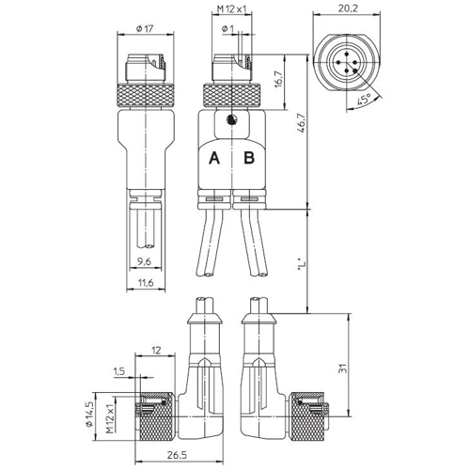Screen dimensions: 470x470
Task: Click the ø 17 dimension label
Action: click(145, 29)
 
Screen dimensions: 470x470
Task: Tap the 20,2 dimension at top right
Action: click(348, 8)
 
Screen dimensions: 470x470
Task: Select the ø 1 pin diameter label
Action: click(227, 29)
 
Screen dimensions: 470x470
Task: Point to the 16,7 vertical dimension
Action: click(278, 79)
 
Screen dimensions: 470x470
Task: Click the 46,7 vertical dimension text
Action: click(302, 124)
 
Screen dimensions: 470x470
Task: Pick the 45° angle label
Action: click(365, 99)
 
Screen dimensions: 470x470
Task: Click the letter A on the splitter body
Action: click(214, 158)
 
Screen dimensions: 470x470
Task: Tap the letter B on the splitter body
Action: click(249, 158)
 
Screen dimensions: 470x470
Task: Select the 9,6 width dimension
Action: click(144, 261)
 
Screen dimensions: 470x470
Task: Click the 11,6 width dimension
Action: click(146, 283)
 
